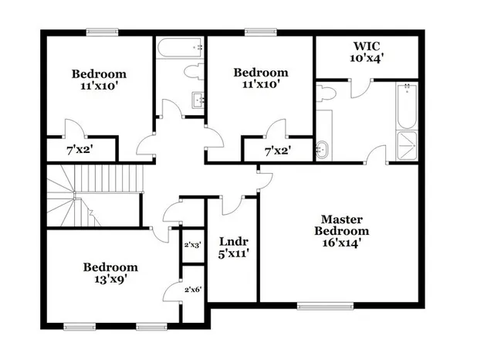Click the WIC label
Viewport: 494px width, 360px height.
[367, 46]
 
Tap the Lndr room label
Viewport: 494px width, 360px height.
[233, 240]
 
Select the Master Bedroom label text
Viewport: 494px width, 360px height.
[345, 225]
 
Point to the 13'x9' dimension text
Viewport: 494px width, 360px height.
[110, 280]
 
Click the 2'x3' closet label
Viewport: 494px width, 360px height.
[192, 244]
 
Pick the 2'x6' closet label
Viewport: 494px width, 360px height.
[192, 289]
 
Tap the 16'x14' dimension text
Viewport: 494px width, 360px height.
[345, 243]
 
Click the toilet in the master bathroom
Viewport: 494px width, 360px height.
[327, 93]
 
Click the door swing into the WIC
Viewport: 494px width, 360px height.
[358, 89]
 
